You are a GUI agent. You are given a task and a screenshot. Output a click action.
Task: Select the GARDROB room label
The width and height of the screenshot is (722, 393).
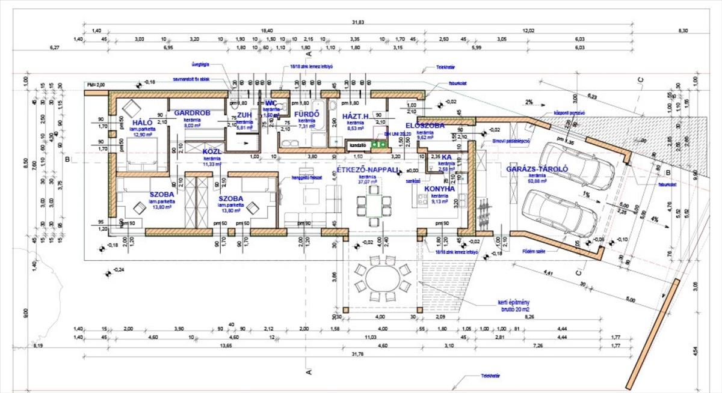click(x=192, y=113)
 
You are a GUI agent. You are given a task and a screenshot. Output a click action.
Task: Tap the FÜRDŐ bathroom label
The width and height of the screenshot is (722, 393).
click(x=306, y=114)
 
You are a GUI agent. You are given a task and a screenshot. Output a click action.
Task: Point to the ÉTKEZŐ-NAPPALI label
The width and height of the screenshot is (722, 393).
click(x=368, y=170)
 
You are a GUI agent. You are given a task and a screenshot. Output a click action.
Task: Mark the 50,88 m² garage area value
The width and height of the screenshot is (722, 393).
click(x=537, y=181)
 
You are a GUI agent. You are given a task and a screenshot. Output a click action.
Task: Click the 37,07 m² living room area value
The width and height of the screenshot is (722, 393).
click(x=367, y=182)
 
